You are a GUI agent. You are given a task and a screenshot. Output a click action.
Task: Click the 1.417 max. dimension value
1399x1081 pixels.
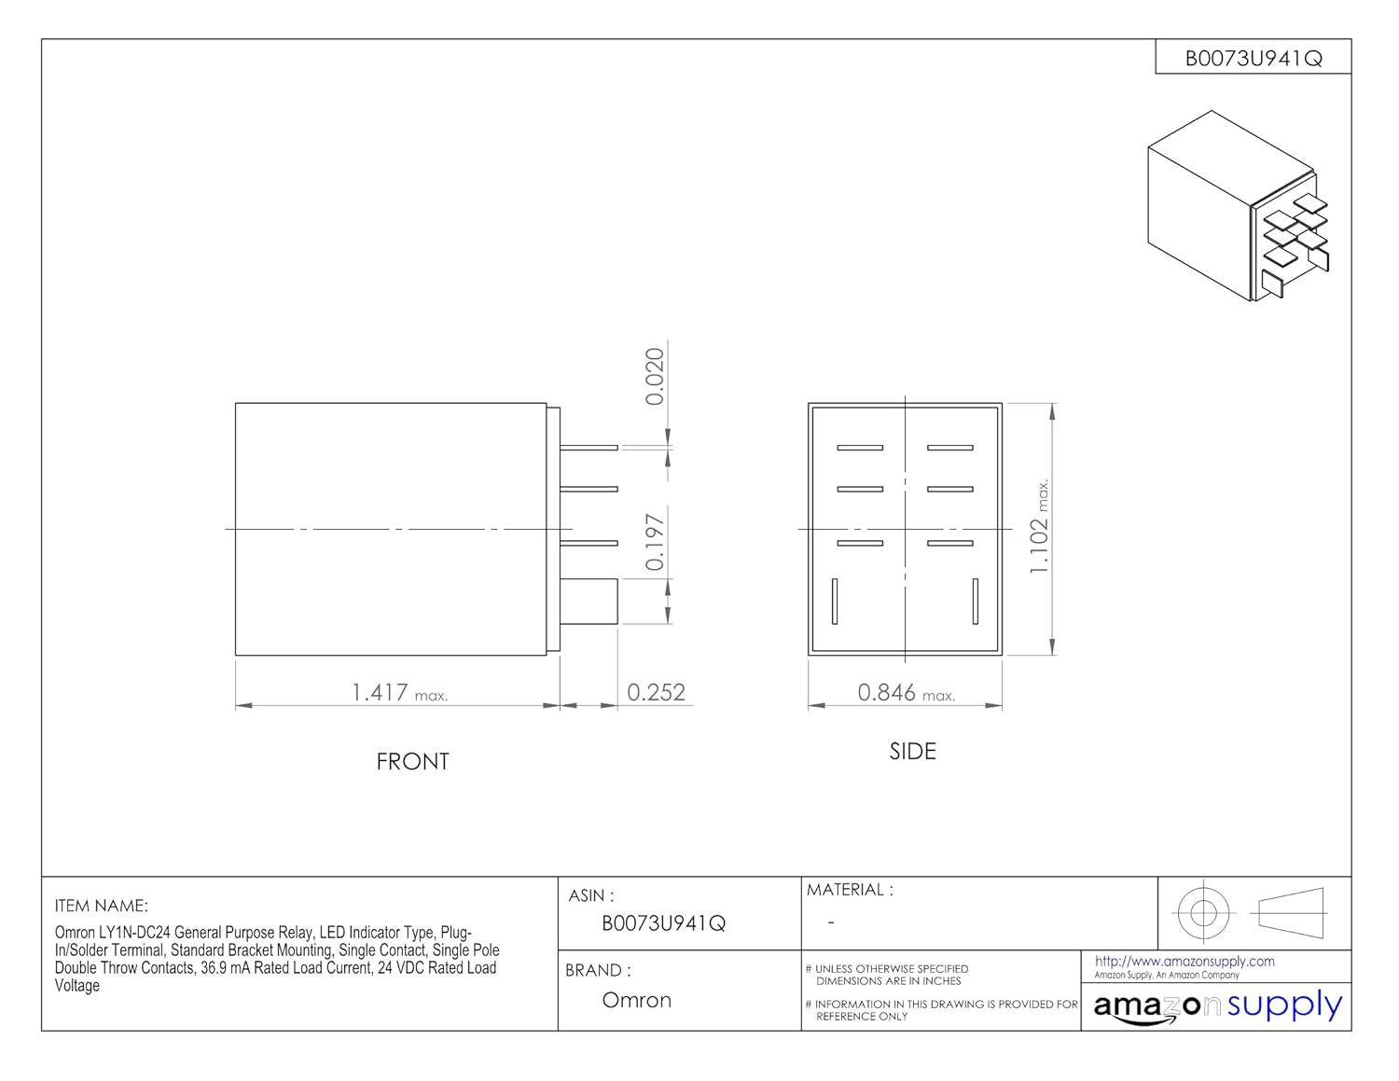tap(399, 693)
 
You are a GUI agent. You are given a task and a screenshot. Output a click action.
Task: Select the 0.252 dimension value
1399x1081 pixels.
tap(656, 692)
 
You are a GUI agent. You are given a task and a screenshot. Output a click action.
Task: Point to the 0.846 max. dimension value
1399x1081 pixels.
tap(906, 693)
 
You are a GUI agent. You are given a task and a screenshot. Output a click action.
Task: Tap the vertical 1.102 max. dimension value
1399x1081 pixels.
tap(1039, 525)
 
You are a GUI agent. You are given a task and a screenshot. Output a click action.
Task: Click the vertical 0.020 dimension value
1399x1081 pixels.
tap(654, 376)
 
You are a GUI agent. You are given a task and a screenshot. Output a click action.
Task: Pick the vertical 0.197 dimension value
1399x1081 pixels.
tap(654, 542)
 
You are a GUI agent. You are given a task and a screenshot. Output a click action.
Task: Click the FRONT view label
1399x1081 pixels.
tap(412, 762)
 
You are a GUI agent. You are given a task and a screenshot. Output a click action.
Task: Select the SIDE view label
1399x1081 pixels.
tap(912, 752)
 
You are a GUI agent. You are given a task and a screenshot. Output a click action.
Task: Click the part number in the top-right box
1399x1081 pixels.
tap(1254, 59)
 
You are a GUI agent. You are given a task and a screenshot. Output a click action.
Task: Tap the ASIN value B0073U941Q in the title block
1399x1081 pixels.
tap(664, 923)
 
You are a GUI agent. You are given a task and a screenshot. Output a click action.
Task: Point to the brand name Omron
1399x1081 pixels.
tap(636, 1000)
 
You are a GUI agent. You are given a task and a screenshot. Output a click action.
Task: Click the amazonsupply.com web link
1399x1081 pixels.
tap(1184, 962)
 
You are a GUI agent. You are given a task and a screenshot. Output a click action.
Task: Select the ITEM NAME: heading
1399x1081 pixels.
tap(101, 906)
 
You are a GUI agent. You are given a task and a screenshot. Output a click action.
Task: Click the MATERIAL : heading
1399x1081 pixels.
tap(850, 890)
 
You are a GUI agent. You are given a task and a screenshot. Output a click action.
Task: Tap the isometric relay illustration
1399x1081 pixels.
tap(1238, 206)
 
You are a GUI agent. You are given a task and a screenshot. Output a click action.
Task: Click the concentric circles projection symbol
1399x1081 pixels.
tap(1202, 913)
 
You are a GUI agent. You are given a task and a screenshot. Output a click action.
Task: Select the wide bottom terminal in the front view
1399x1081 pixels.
tap(589, 602)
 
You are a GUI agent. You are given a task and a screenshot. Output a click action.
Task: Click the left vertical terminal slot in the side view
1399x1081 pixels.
tap(835, 602)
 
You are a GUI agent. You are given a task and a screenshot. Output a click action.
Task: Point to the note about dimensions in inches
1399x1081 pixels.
tap(887, 975)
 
